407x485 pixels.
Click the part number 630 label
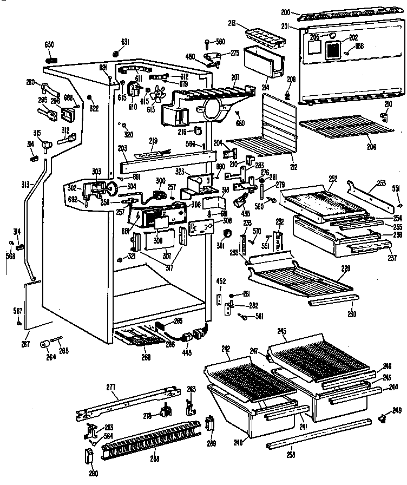[50, 44]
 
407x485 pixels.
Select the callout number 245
[281, 331]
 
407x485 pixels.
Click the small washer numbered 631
[116, 54]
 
